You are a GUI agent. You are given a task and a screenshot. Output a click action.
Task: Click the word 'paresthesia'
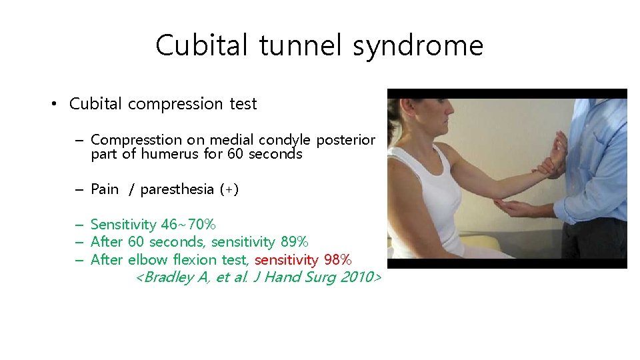tap(177, 189)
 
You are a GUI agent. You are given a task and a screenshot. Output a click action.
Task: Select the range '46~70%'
tap(188, 225)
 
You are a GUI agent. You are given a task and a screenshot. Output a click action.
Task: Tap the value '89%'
tap(293, 241)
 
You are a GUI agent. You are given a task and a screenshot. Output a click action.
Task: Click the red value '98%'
tap(337, 259)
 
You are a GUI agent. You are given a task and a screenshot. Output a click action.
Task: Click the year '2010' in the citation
tap(357, 277)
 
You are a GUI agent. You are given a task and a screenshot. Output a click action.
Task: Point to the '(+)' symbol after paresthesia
tap(229, 189)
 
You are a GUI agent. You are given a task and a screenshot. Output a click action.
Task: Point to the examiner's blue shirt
tap(600, 167)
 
